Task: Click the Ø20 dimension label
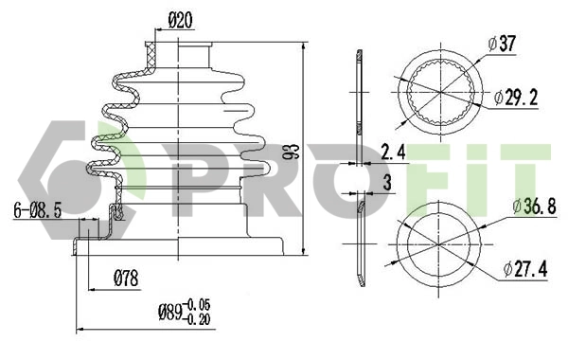point(181,18)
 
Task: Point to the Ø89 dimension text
point(169,313)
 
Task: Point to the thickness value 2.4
point(393,150)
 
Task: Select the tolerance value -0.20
point(199,319)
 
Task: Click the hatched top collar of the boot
point(151,51)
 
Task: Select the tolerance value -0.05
point(199,304)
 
